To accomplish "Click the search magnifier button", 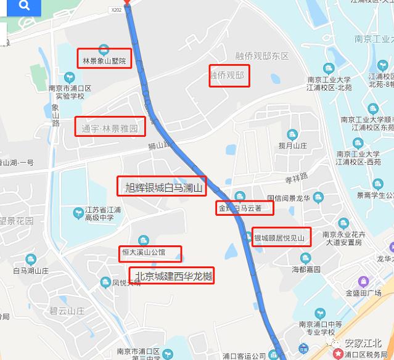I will (24, 6).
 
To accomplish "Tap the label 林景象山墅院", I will (104, 61).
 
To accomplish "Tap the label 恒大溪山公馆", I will (151, 252).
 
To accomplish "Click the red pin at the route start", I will (127, 2).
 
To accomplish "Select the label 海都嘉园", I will (306, 269).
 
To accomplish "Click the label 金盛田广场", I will (366, 292).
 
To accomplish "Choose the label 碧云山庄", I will (68, 311).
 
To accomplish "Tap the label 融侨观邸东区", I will (262, 56).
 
